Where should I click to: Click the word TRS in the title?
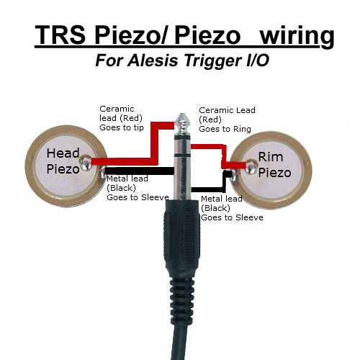pos(60,35)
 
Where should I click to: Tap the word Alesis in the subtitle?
pos(153,60)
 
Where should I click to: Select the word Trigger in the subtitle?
pos(213,61)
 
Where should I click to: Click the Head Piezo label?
pos(63,161)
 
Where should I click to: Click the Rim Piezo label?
pos(274,165)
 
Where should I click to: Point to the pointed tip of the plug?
pos(182,114)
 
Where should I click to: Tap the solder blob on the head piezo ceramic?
pos(86,162)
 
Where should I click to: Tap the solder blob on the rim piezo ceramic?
pos(251,166)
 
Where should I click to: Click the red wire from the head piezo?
pos(154,144)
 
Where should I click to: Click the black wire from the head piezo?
pos(139,171)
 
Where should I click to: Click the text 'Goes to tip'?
pos(122,127)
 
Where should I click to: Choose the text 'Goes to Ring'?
pos(225,129)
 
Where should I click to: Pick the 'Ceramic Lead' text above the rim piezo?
pos(227,110)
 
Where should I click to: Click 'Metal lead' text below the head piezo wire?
pos(127,179)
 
